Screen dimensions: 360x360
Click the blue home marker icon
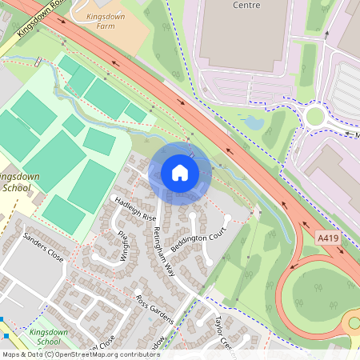coord(180,173)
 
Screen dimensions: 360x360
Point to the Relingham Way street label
coord(163,249)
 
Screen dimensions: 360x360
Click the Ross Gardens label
coord(154,310)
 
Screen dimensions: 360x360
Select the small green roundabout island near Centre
coord(315,116)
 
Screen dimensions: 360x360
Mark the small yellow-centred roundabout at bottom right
coord(354,323)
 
